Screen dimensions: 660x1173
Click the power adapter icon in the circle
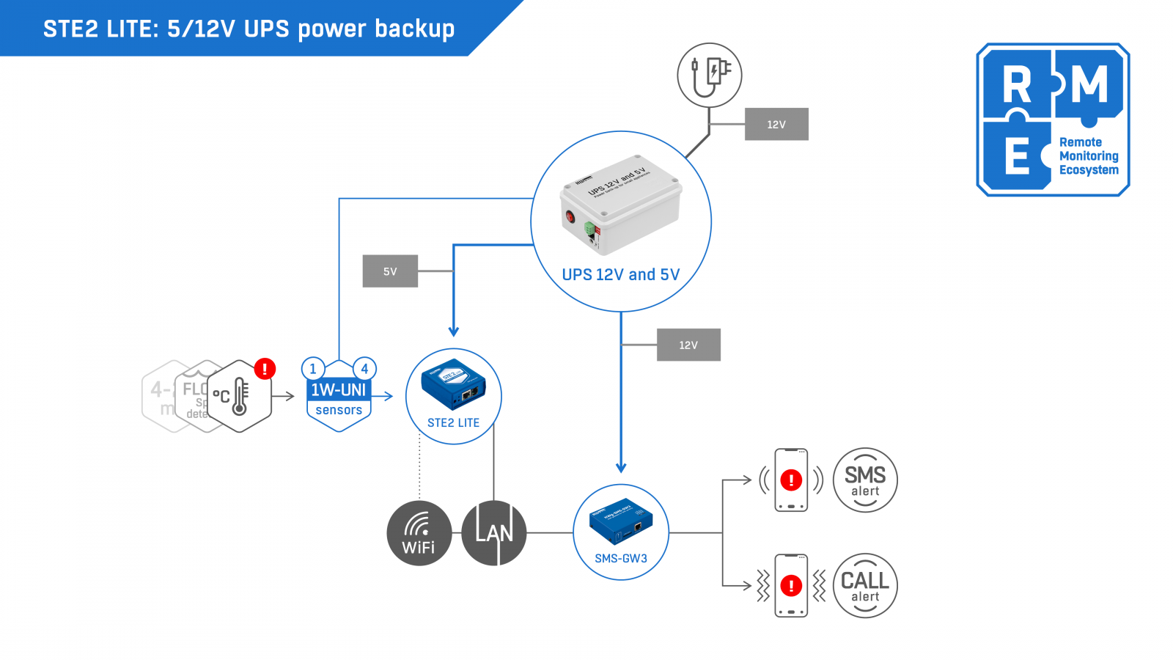click(709, 75)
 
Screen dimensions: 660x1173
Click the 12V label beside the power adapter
click(776, 124)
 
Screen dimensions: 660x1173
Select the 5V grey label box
click(390, 271)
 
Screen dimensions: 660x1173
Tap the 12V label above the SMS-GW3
click(688, 345)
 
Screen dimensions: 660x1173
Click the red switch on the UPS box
click(570, 217)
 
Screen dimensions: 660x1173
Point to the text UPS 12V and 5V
click(620, 275)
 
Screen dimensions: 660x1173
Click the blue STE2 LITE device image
click(453, 384)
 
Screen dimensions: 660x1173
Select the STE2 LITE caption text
click(453, 423)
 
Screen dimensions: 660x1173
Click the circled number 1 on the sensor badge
click(313, 369)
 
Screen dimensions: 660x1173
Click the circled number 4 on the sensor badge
click(364, 369)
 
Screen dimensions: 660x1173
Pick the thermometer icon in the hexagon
click(239, 397)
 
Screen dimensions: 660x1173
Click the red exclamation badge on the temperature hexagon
click(265, 368)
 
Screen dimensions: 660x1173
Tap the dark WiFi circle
click(419, 533)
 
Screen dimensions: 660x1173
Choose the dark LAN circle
click(494, 533)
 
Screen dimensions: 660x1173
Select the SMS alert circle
click(865, 480)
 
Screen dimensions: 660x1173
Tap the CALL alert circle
click(865, 586)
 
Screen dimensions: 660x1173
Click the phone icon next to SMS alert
click(791, 480)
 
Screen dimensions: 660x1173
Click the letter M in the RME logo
click(1089, 85)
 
